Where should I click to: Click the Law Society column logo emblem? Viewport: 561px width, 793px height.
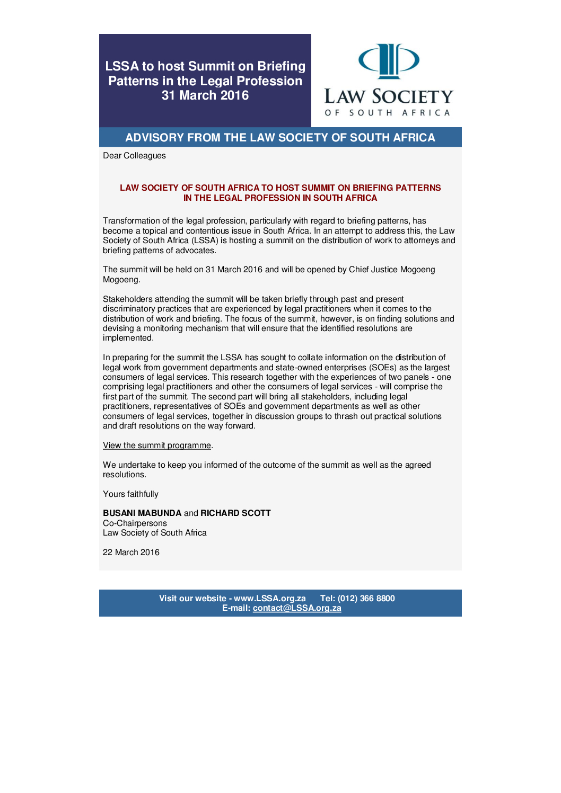(x=389, y=60)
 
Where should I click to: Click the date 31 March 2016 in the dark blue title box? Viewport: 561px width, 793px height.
(x=205, y=95)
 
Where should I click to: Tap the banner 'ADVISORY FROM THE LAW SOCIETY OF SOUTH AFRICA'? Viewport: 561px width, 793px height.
(x=280, y=138)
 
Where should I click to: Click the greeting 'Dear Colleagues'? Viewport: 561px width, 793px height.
(x=134, y=156)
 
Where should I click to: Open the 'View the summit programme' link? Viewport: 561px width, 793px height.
(x=157, y=445)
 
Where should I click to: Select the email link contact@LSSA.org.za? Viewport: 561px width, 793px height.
(x=297, y=608)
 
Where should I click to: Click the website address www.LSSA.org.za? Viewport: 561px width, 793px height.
(x=270, y=599)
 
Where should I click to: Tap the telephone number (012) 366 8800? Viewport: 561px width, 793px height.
(x=366, y=599)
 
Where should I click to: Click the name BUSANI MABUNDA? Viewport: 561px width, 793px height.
(x=142, y=513)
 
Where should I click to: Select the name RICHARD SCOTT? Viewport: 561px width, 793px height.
(x=235, y=513)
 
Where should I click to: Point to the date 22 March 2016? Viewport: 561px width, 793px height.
(x=131, y=553)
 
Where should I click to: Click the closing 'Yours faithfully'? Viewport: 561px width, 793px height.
(x=130, y=494)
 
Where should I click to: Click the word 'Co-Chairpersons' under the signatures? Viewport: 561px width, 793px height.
(x=135, y=523)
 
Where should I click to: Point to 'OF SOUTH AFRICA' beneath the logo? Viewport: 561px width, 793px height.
(x=388, y=113)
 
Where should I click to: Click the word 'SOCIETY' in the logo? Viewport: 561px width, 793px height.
(x=413, y=97)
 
